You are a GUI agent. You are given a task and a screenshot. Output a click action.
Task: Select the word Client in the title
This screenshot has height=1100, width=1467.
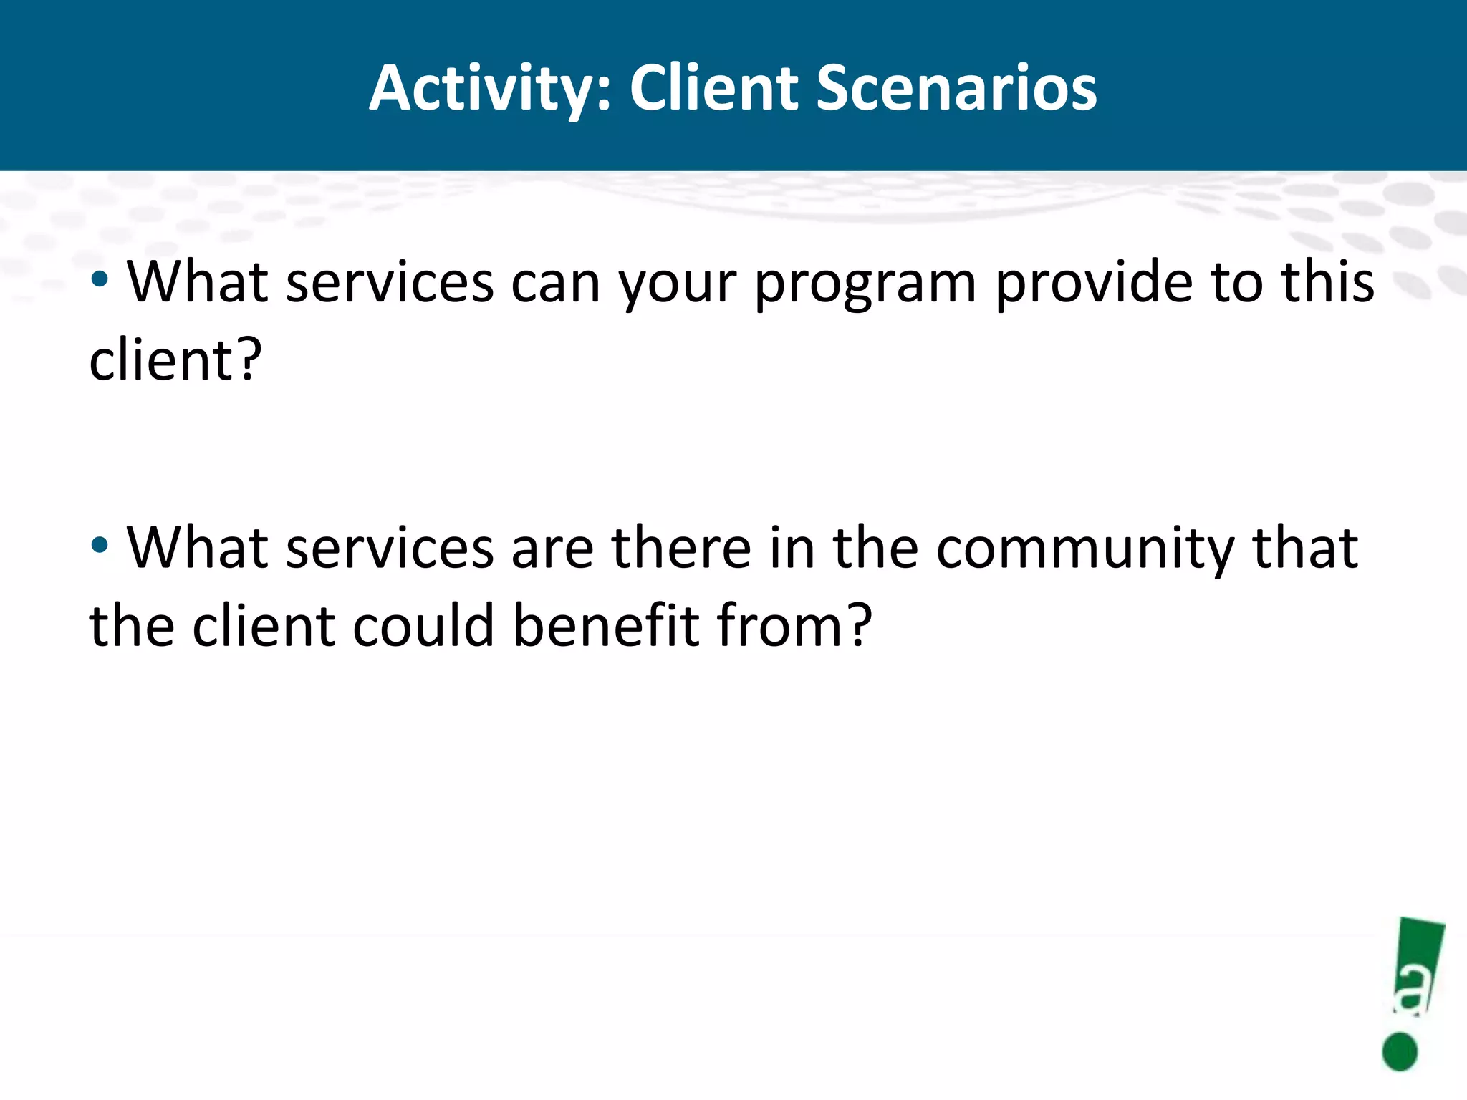(713, 89)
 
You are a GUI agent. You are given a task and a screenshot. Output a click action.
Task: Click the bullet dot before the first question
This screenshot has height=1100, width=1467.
(100, 279)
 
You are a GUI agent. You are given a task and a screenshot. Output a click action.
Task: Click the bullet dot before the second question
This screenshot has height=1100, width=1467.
(100, 545)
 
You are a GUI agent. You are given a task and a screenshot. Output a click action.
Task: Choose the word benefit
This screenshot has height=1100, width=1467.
(606, 626)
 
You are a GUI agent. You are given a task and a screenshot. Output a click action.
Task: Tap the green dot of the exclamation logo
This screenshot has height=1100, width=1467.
(1400, 1051)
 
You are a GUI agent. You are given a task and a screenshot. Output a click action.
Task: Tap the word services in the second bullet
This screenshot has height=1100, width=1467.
(390, 549)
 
